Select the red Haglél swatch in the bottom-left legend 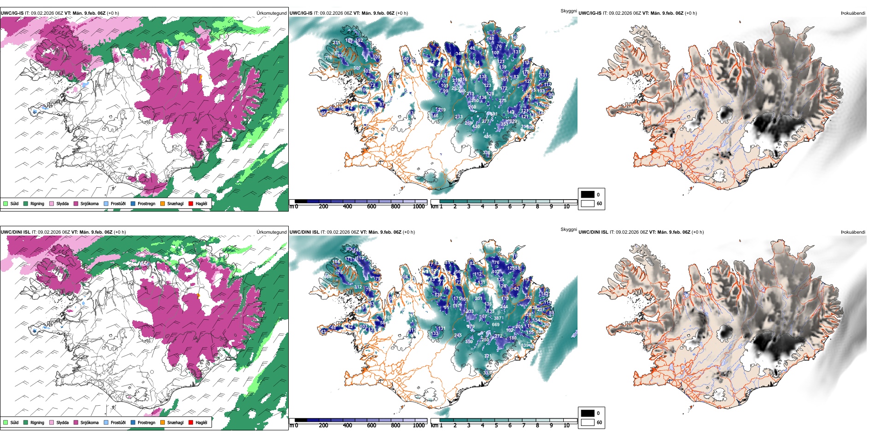pyautogui.click(x=191, y=422)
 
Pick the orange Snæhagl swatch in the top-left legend pyautogui.click(x=163, y=204)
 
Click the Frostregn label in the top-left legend pyautogui.click(x=146, y=204)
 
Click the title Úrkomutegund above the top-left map pyautogui.click(x=271, y=13)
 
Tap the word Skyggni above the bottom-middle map pyautogui.click(x=568, y=229)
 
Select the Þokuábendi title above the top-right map pyautogui.click(x=853, y=13)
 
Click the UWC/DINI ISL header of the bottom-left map pyautogui.click(x=15, y=232)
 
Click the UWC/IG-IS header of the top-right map pyautogui.click(x=590, y=13)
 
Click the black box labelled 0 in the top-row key pyautogui.click(x=588, y=195)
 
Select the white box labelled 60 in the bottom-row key pyautogui.click(x=588, y=422)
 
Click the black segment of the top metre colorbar pyautogui.click(x=301, y=201)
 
